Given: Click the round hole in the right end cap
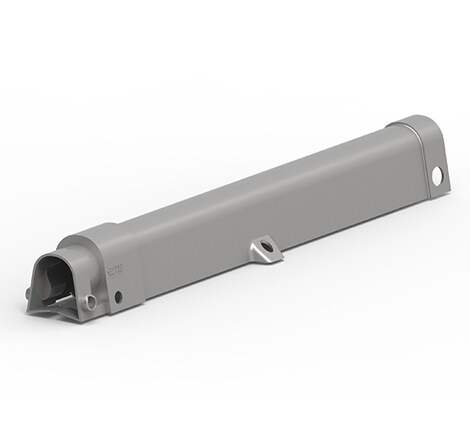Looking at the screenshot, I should pyautogui.click(x=436, y=176).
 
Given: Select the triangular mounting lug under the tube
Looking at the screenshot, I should pyautogui.click(x=263, y=250).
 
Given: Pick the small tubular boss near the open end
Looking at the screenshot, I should pyautogui.click(x=90, y=301).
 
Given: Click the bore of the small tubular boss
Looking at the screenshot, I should pyautogui.click(x=90, y=301).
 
